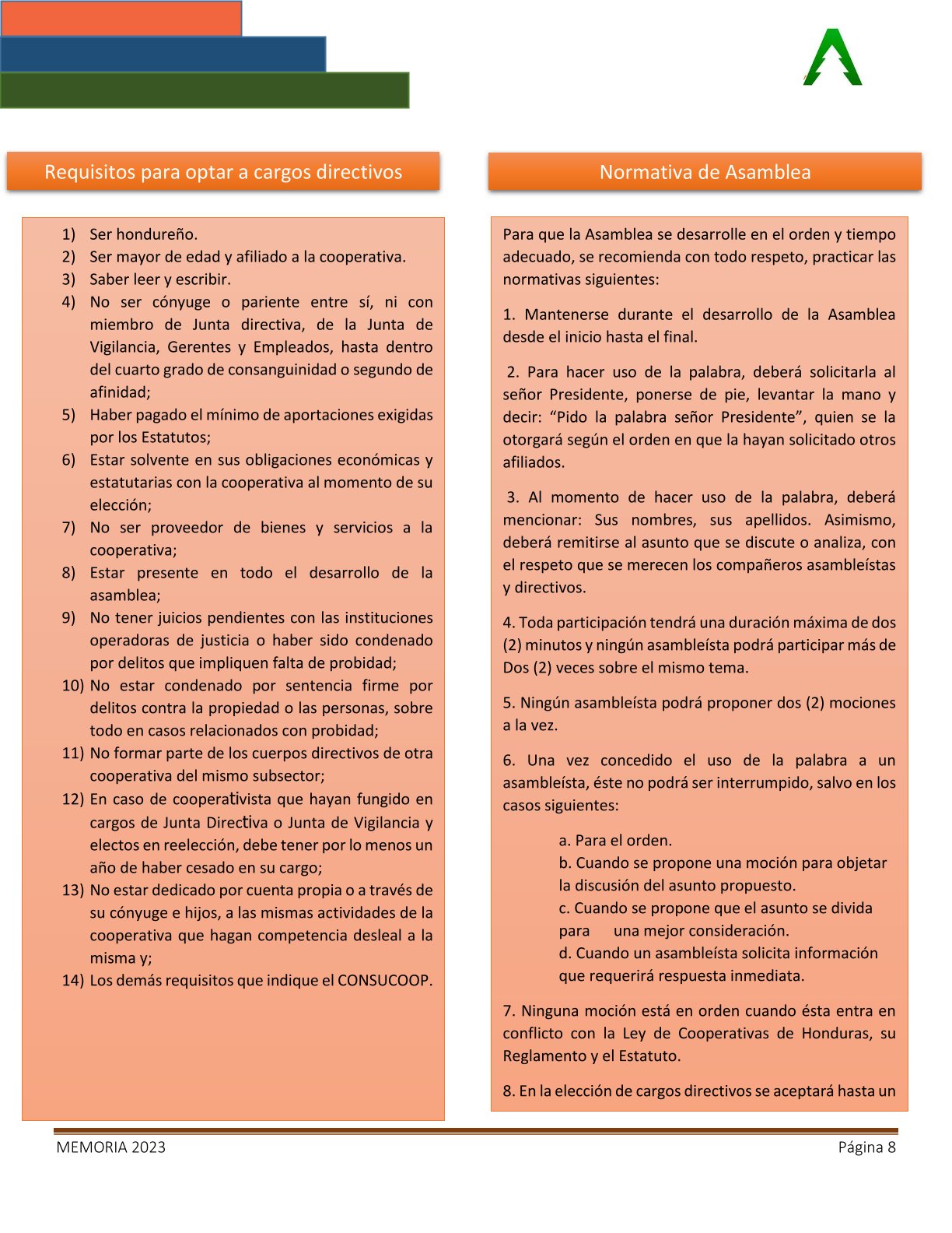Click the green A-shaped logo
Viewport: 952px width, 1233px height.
(x=832, y=58)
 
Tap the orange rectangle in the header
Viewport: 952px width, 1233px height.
(x=121, y=18)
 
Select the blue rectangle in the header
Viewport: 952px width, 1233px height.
(x=163, y=54)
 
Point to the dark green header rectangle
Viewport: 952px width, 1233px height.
(x=205, y=90)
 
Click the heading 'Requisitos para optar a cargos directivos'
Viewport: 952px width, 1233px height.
(x=223, y=172)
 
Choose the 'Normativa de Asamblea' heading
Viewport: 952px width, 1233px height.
(x=705, y=172)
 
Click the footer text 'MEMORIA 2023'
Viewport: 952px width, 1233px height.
(x=110, y=1147)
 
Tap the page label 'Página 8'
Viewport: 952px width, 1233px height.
(x=866, y=1147)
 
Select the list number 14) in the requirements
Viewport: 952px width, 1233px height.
(x=72, y=980)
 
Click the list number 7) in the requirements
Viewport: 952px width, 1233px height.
(x=69, y=528)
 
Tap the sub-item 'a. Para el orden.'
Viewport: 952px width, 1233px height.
(x=615, y=840)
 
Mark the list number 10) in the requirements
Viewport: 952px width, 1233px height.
(x=72, y=686)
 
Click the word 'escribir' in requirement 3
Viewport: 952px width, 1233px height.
(x=205, y=279)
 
